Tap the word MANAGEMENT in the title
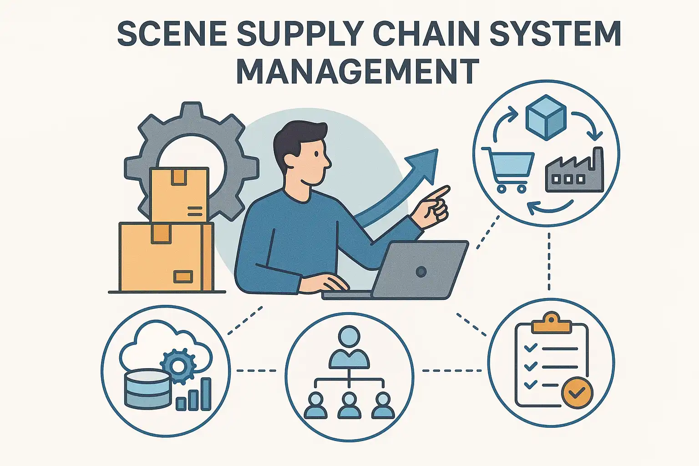pyautogui.click(x=358, y=71)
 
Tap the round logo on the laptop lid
pyautogui.click(x=421, y=272)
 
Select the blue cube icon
pyautogui.click(x=546, y=116)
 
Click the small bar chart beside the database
pyautogui.click(x=194, y=396)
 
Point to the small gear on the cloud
pyautogui.click(x=178, y=365)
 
